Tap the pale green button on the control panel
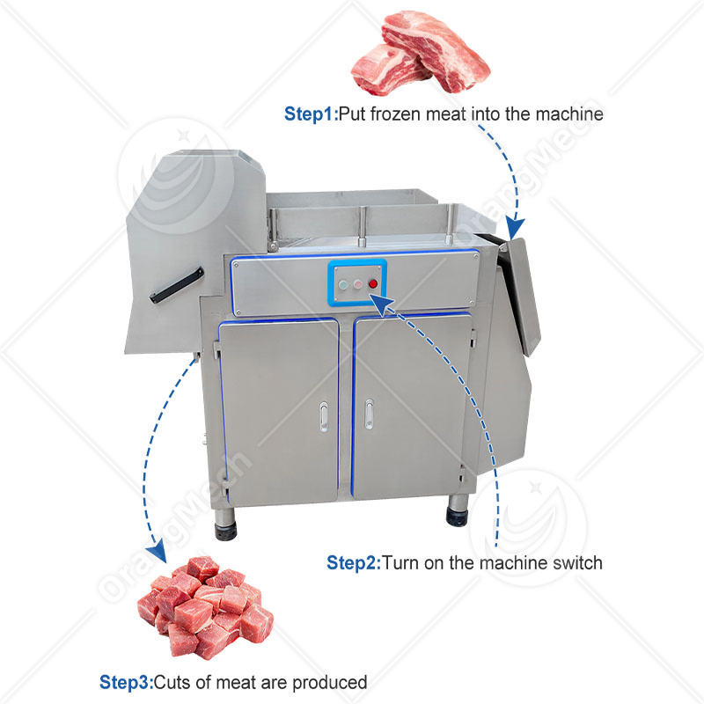coord(344,283)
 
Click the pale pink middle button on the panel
coord(358,283)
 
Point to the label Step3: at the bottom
coord(126,682)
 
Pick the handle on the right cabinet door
coord(369,414)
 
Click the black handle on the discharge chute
coord(177,286)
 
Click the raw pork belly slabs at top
coord(420,58)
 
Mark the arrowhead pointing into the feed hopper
coord(516,231)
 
